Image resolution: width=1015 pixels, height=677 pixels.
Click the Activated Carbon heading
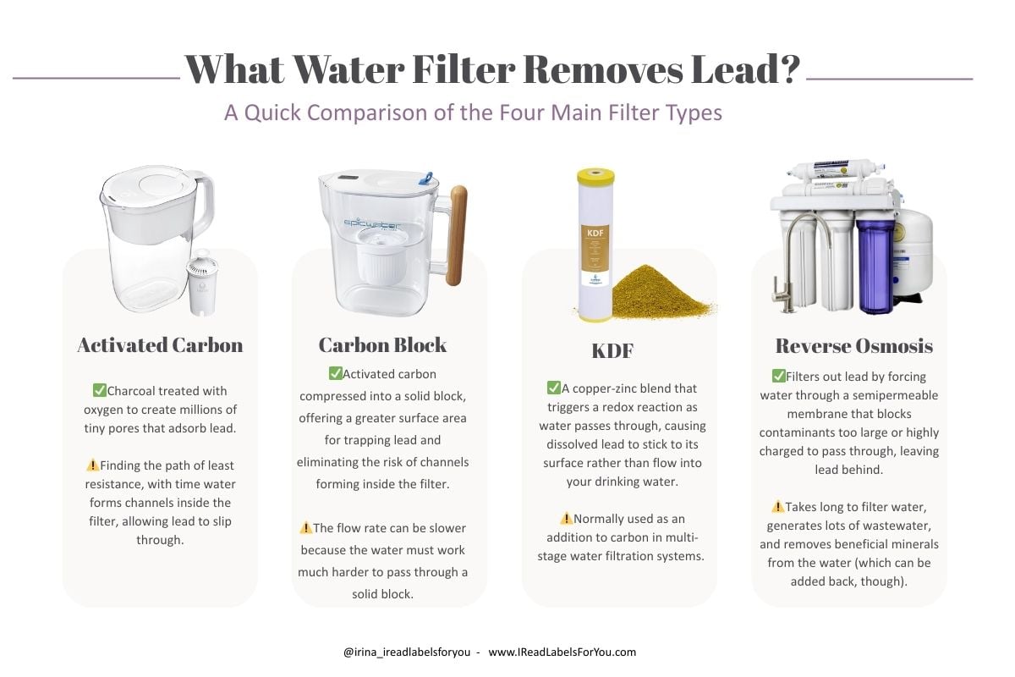tap(160, 344)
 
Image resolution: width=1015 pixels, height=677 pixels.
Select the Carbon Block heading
tap(382, 344)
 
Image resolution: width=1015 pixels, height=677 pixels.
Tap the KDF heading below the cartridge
tap(612, 350)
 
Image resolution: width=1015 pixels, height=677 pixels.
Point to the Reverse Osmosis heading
tap(853, 346)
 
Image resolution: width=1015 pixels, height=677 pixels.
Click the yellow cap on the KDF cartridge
tap(595, 177)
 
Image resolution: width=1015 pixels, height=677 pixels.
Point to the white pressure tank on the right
tap(913, 254)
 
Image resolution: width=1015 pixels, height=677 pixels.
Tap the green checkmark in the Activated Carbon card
tap(99, 390)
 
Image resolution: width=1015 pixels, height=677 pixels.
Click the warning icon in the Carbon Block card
tap(305, 528)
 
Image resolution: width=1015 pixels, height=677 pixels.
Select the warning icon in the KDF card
tap(566, 518)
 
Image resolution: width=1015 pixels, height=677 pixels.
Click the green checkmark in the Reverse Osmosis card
tap(778, 376)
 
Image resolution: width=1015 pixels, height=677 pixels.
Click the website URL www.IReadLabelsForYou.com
tap(562, 652)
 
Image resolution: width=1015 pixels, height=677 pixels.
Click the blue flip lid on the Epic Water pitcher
tap(425, 179)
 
